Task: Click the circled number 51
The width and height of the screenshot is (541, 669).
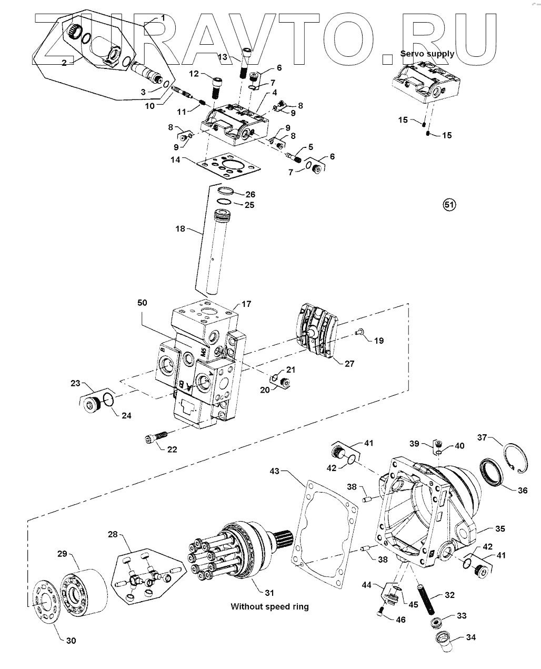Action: (x=449, y=205)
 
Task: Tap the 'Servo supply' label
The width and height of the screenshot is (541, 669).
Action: (x=427, y=54)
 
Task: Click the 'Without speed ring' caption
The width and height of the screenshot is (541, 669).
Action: (x=270, y=606)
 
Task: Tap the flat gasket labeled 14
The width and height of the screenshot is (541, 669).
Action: (x=228, y=166)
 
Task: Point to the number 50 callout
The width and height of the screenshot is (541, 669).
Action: (x=142, y=303)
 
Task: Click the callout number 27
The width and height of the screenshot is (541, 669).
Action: (x=349, y=364)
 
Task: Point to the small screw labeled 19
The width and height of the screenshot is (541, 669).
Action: (x=360, y=331)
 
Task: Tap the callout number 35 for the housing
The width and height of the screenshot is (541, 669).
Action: (x=500, y=528)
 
